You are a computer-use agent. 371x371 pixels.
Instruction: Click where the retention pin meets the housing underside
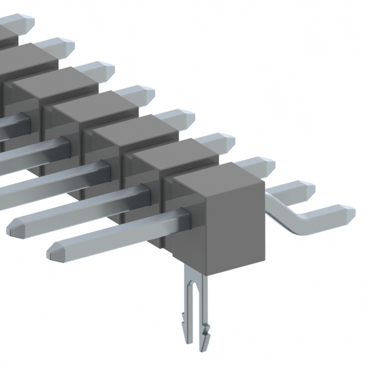(x=194, y=268)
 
